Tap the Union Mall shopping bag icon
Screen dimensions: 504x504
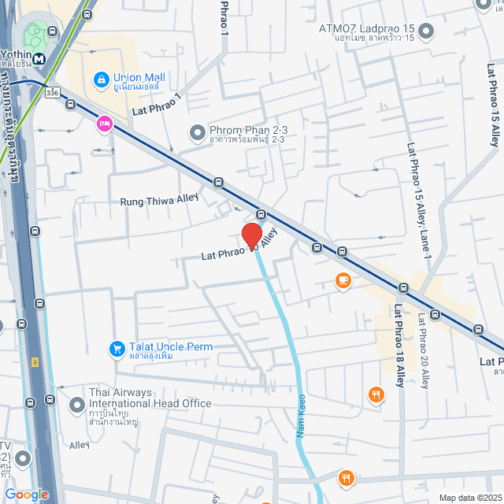tap(101, 79)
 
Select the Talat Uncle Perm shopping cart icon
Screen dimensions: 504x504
tap(117, 347)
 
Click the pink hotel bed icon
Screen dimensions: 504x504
tap(104, 124)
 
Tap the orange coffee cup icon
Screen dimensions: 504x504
tap(343, 280)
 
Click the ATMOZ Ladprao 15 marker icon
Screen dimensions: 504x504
tap(426, 31)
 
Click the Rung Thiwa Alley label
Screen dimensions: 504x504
tap(159, 202)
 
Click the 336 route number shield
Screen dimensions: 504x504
tap(52, 91)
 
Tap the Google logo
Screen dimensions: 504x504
tap(27, 495)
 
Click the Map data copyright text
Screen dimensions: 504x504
tap(470, 498)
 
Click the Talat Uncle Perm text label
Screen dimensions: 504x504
tap(171, 346)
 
